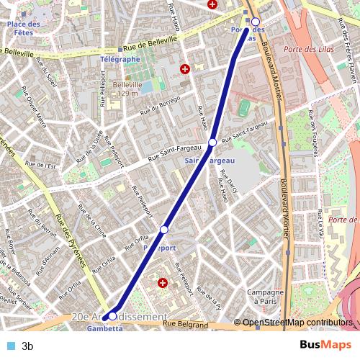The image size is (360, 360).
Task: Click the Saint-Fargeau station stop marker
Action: click(212, 143)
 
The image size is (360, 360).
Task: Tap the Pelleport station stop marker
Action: click(164, 229)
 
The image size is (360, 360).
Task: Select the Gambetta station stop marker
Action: click(112, 315)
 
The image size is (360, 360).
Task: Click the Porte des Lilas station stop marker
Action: click(255, 22)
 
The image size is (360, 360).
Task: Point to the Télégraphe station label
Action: click(120, 59)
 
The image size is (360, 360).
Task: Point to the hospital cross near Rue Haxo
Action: click(185, 69)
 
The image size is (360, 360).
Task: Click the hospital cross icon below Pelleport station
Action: click(162, 284)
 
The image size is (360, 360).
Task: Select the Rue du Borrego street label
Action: click(160, 105)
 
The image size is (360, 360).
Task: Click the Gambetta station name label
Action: click(100, 328)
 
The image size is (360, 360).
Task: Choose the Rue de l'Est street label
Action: click(45, 166)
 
